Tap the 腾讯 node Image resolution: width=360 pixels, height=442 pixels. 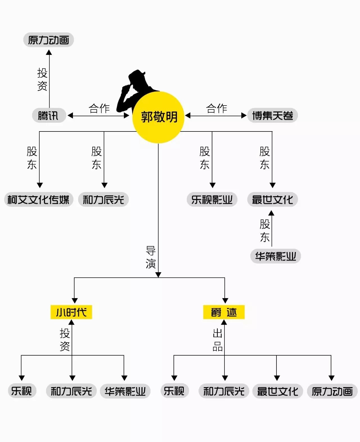click(49, 115)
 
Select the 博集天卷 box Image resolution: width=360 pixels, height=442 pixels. click(272, 115)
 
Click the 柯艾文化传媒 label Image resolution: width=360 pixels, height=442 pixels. click(39, 200)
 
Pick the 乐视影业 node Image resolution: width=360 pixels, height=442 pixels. click(212, 200)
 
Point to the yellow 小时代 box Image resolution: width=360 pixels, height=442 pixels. click(71, 312)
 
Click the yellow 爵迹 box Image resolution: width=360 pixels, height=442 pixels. click(224, 312)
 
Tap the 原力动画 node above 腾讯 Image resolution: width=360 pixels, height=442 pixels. click(48, 40)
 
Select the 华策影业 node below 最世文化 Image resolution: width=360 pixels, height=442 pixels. click(275, 256)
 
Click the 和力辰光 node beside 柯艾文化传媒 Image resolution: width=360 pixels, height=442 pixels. click(103, 200)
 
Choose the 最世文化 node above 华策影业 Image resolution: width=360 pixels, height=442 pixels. click(272, 200)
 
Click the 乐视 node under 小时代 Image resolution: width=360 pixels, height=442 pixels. click(22, 391)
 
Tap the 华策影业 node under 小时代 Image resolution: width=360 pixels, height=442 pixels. click(125, 391)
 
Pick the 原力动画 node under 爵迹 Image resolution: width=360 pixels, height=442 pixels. click(332, 391)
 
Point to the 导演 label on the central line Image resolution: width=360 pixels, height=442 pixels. click(151, 257)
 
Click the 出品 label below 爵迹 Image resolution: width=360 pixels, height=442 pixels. click(217, 340)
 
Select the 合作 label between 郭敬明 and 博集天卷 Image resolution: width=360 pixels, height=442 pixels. click(217, 108)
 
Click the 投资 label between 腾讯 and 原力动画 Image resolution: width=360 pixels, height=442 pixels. click(42, 79)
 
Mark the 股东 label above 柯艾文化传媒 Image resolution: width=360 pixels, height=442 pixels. click(32, 158)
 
